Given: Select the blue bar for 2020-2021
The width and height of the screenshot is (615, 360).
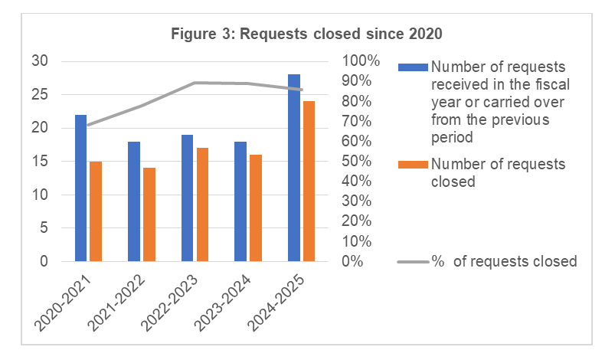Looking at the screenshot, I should click(80, 188).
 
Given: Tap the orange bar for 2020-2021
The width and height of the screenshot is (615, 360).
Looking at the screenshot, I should click(96, 211).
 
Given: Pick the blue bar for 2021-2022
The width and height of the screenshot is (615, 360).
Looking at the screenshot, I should click(134, 201).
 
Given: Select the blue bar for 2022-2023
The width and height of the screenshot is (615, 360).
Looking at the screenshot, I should click(188, 198).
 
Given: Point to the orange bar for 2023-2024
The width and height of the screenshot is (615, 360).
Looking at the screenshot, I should click(256, 208).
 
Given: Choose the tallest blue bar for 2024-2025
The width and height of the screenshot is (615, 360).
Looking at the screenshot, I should click(294, 168).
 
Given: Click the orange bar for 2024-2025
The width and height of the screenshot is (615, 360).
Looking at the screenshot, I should click(309, 181).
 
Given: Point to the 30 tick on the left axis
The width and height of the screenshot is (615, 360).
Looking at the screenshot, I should click(40, 61).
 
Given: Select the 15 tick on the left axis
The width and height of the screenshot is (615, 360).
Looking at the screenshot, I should click(40, 162).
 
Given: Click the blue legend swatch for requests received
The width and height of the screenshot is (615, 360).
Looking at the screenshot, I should click(414, 67).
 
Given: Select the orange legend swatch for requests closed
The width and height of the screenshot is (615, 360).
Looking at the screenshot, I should click(414, 164).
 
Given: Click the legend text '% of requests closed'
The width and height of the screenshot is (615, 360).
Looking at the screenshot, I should click(504, 262).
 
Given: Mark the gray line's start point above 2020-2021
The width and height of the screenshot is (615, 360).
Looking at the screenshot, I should click(89, 125).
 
